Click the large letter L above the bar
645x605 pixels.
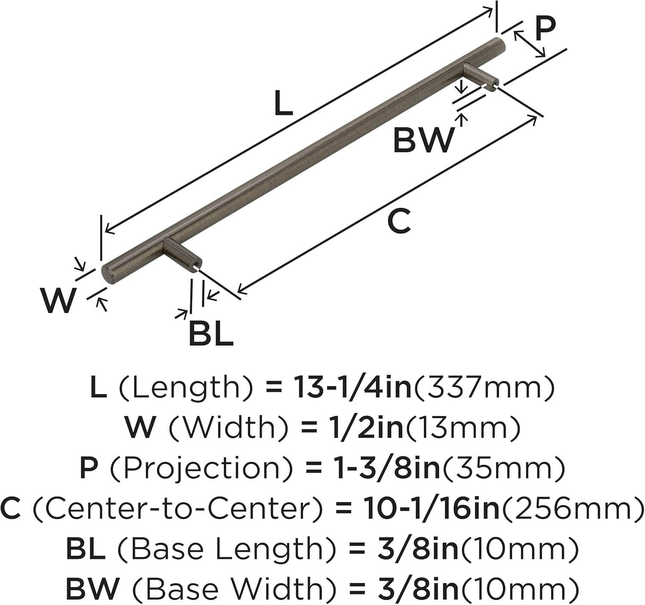click(x=283, y=103)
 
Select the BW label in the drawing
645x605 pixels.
click(x=423, y=140)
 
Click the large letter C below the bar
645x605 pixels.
click(x=399, y=221)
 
